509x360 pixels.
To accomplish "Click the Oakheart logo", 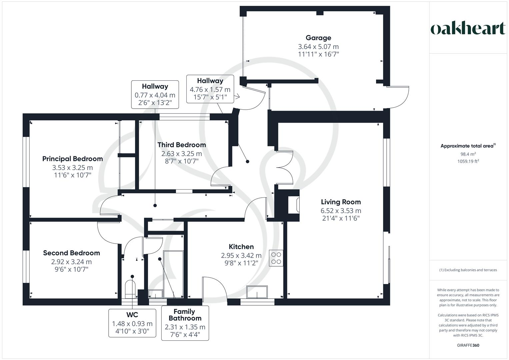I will click(x=468, y=29).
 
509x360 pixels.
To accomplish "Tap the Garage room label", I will click(x=318, y=38).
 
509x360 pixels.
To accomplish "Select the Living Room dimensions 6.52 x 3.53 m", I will click(x=341, y=211).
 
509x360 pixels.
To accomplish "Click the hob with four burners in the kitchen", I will click(x=276, y=258).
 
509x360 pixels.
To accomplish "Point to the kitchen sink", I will click(x=257, y=292).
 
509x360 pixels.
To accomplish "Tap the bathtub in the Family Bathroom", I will click(x=173, y=274).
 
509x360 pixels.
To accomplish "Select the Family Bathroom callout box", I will click(x=185, y=323).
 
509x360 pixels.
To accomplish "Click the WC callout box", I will click(x=132, y=323).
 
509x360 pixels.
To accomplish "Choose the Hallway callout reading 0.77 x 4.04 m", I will click(x=155, y=95).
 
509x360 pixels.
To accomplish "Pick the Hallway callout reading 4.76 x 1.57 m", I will click(x=210, y=89).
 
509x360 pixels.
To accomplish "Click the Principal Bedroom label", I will click(x=72, y=159).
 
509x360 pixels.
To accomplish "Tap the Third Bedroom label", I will click(x=181, y=145).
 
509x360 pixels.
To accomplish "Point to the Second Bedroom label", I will click(x=71, y=253).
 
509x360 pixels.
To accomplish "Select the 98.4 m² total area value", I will click(x=468, y=154).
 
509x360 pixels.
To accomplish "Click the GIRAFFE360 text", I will click(x=468, y=345).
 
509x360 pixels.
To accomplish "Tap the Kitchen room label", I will click(x=241, y=247).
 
